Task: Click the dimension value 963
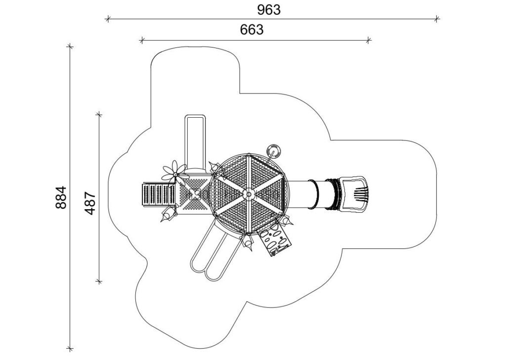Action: pos(269,10)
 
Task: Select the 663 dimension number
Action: pos(252,30)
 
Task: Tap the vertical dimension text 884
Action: pos(61,197)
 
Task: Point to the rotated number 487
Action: pos(90,203)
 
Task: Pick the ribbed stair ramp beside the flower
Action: pos(159,195)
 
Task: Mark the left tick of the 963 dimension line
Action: pos(108,19)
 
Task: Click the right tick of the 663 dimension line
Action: pos(368,40)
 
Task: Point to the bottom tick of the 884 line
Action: pos(70,349)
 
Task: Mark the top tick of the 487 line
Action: pos(99,114)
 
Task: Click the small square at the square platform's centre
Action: pos(195,194)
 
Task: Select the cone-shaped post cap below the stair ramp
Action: pos(167,215)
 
